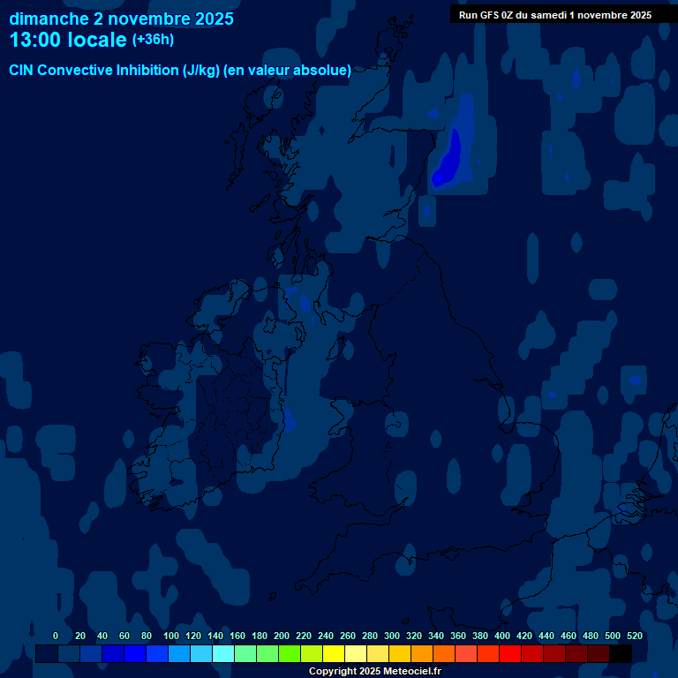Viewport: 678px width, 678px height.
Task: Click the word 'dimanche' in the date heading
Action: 45,19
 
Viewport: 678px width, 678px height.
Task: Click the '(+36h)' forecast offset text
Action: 153,39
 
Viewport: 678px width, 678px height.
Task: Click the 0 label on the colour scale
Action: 56,636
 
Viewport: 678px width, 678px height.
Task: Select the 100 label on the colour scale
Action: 171,636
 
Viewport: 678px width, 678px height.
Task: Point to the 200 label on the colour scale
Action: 282,636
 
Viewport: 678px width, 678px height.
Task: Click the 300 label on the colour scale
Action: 392,636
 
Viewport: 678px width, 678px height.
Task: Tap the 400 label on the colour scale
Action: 502,636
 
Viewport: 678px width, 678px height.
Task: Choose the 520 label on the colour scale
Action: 634,636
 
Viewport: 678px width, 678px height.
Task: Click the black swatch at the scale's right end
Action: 621,653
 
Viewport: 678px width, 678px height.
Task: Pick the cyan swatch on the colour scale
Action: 223,653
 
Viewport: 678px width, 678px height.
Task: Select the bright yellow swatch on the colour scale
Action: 334,653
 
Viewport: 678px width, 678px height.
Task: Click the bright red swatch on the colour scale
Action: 510,653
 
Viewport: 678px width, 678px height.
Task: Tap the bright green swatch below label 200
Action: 290,653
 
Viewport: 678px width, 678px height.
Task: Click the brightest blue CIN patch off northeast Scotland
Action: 450,156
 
